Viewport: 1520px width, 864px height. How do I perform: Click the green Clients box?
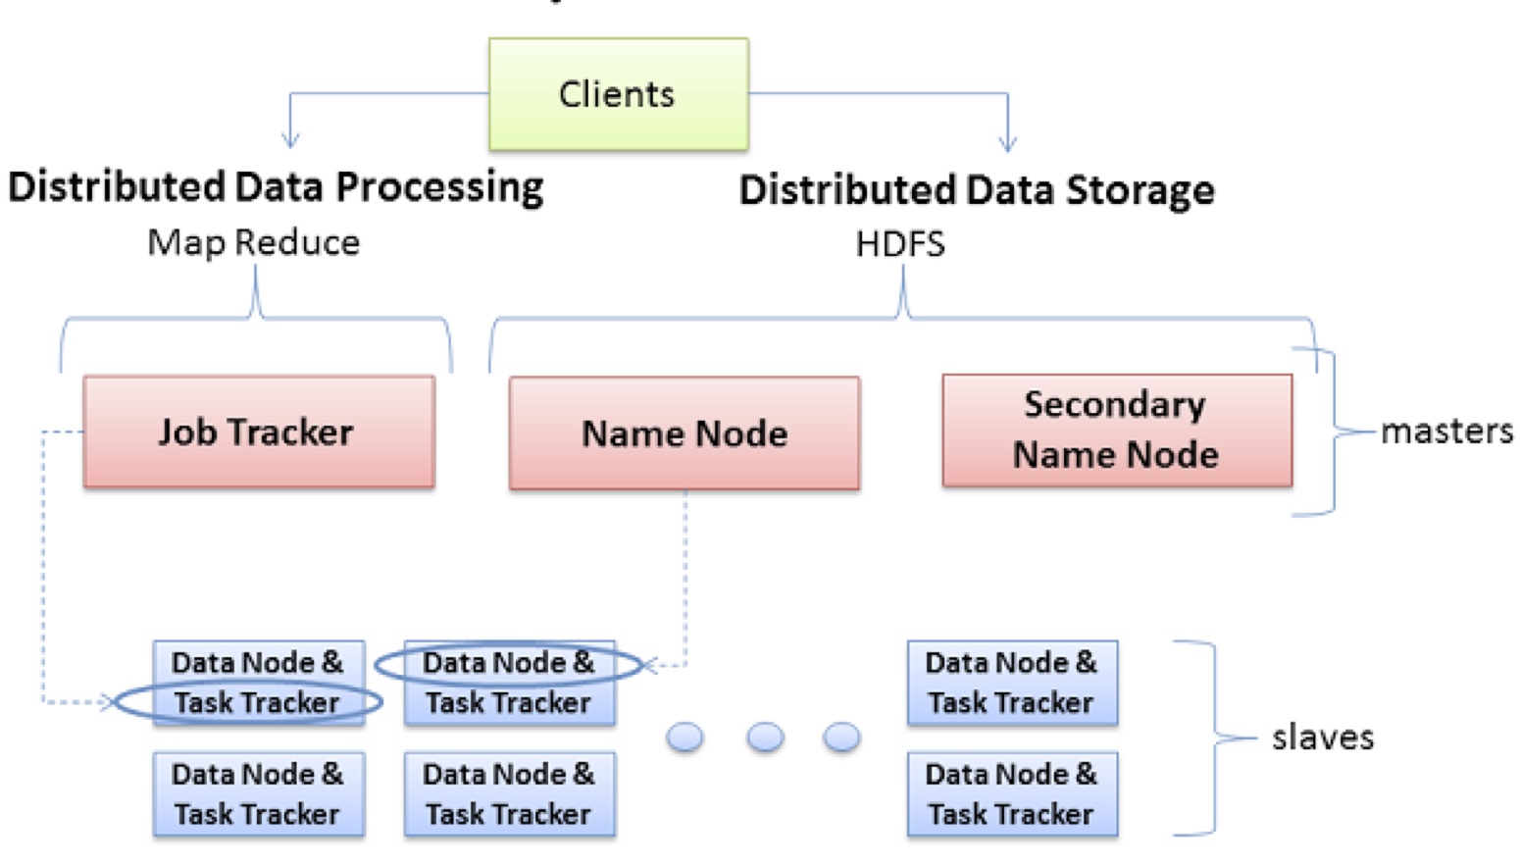tap(618, 94)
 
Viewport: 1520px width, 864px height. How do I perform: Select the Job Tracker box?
tap(259, 432)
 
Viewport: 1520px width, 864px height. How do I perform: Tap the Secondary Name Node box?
tap(1116, 430)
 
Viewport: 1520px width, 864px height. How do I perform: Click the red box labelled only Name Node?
tap(684, 432)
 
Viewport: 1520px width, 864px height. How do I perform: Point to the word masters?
tap(1445, 431)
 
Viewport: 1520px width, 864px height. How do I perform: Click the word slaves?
tap(1322, 737)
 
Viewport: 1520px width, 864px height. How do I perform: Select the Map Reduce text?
tap(253, 242)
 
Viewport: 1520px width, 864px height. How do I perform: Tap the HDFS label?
tap(899, 243)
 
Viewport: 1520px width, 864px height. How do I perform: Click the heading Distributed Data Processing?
tap(276, 186)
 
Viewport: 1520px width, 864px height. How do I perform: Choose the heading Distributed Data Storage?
tap(976, 189)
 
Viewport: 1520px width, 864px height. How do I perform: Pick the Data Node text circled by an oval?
tap(508, 663)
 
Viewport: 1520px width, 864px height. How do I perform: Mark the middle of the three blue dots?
tap(765, 737)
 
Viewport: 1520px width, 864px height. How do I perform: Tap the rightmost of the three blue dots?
tap(841, 737)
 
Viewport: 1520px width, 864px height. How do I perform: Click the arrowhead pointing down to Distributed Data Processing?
tap(290, 139)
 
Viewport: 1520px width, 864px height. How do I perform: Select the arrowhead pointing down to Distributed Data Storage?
tap(1007, 142)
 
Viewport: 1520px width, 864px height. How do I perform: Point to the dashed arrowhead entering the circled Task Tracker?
tap(107, 701)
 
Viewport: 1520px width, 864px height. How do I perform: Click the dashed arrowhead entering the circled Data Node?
tap(650, 666)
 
